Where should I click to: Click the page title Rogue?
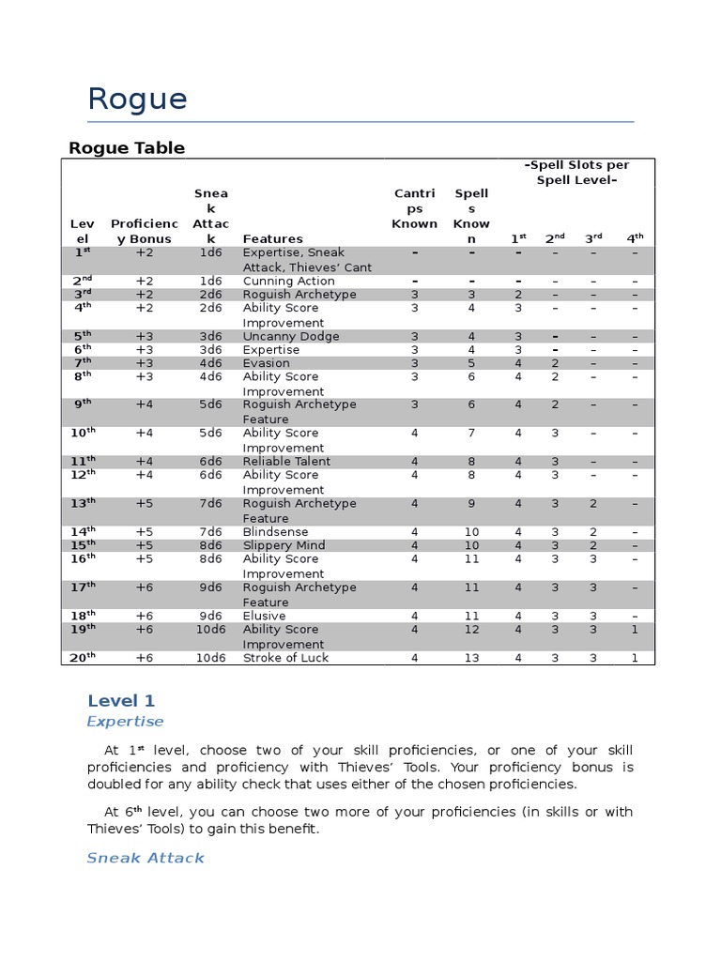click(137, 99)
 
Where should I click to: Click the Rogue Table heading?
click(127, 147)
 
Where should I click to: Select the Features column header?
click(272, 238)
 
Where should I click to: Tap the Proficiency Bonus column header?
click(144, 231)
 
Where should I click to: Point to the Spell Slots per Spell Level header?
click(576, 172)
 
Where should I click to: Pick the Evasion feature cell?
click(267, 362)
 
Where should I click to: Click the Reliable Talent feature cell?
click(286, 461)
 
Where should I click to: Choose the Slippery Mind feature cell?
click(284, 545)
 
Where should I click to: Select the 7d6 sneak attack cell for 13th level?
click(210, 504)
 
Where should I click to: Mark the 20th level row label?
click(84, 658)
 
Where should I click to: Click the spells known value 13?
click(471, 658)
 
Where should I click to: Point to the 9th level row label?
click(84, 404)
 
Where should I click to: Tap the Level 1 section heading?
click(121, 701)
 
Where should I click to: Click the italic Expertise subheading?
click(125, 722)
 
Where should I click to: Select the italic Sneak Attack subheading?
click(145, 858)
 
